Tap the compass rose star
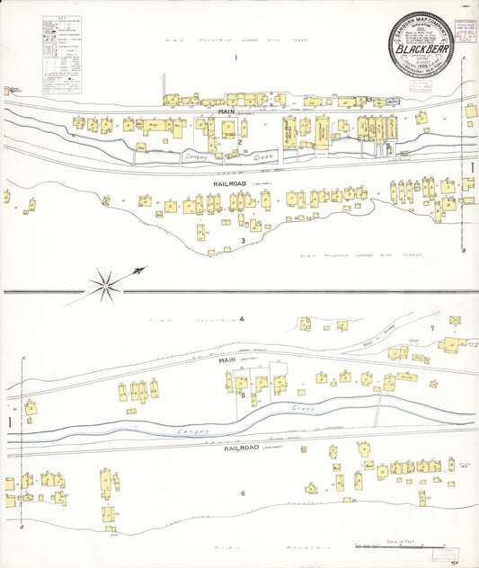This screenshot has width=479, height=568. coord(107,283)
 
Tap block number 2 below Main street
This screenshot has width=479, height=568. coord(240,142)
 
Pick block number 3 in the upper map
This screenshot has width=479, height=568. coord(243,241)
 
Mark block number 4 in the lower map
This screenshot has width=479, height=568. coord(242,319)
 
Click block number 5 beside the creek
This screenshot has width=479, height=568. coord(242,394)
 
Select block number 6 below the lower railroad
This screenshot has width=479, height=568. coord(242,493)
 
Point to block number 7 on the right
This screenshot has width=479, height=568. coord(431,328)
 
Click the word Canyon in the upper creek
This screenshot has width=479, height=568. coord(196,158)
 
